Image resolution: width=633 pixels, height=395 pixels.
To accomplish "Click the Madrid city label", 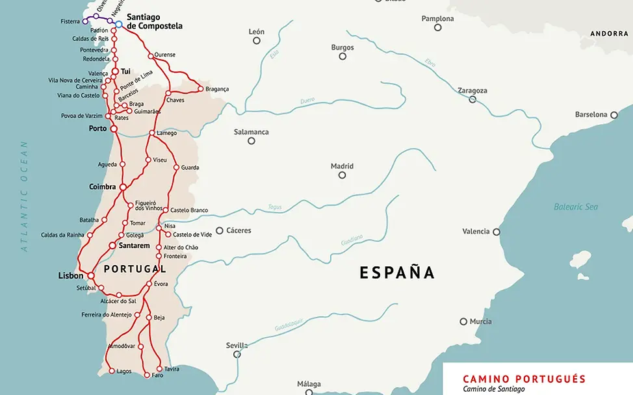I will pyautogui.click(x=342, y=166).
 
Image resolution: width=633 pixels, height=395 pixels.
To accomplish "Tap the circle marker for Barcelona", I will pyautogui.click(x=614, y=115).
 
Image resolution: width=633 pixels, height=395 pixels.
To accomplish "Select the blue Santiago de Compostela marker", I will pyautogui.click(x=119, y=24).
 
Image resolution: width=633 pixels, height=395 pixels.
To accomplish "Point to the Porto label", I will pyautogui.click(x=97, y=129).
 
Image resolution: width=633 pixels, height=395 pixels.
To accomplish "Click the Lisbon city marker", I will pyautogui.click(x=91, y=275).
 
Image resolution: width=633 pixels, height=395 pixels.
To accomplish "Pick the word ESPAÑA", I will pyautogui.click(x=397, y=272).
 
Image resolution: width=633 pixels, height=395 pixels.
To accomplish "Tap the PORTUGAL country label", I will pyautogui.click(x=135, y=268).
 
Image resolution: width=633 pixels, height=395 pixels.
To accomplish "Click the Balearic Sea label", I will pyautogui.click(x=575, y=207).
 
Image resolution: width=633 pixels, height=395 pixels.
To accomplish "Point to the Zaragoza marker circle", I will pyautogui.click(x=472, y=99).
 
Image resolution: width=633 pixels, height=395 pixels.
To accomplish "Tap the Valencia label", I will pyautogui.click(x=476, y=231).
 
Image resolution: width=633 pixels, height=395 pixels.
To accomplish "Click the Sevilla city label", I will pyautogui.click(x=237, y=345).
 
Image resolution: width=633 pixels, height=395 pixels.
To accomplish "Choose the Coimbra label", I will pyautogui.click(x=102, y=186).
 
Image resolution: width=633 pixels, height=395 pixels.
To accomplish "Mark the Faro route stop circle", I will pyautogui.click(x=146, y=375).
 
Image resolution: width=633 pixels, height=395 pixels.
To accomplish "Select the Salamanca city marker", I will pyautogui.click(x=252, y=140).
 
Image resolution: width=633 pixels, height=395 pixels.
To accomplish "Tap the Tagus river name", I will pyautogui.click(x=275, y=207).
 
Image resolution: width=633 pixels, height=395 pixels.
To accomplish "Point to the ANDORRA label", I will pyautogui.click(x=609, y=33).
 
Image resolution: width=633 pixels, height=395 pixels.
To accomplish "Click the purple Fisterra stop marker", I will pyautogui.click(x=85, y=21).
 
